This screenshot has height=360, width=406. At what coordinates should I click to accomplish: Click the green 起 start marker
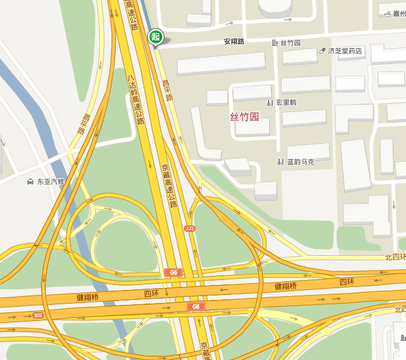155,37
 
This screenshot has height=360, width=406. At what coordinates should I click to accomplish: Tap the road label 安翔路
234,42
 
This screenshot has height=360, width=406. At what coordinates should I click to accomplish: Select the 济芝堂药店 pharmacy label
345,51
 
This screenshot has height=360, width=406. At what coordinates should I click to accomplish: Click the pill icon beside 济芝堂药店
322,51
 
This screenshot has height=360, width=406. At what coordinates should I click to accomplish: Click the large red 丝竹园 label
244,116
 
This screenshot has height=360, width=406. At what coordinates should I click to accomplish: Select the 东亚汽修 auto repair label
50,182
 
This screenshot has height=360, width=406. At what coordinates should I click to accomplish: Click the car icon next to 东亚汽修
30,182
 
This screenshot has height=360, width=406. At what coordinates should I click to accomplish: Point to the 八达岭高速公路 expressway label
136,99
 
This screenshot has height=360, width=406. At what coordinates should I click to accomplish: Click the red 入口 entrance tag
190,229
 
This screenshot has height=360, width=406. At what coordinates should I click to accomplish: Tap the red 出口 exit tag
38,315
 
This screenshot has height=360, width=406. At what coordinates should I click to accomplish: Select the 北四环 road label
394,257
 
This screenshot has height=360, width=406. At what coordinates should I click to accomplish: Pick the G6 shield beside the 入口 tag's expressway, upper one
173,273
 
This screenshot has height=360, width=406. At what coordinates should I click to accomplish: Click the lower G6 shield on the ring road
196,307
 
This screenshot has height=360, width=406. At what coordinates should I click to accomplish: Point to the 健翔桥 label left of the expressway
87,297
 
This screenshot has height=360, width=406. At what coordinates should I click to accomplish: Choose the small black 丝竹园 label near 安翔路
290,43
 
